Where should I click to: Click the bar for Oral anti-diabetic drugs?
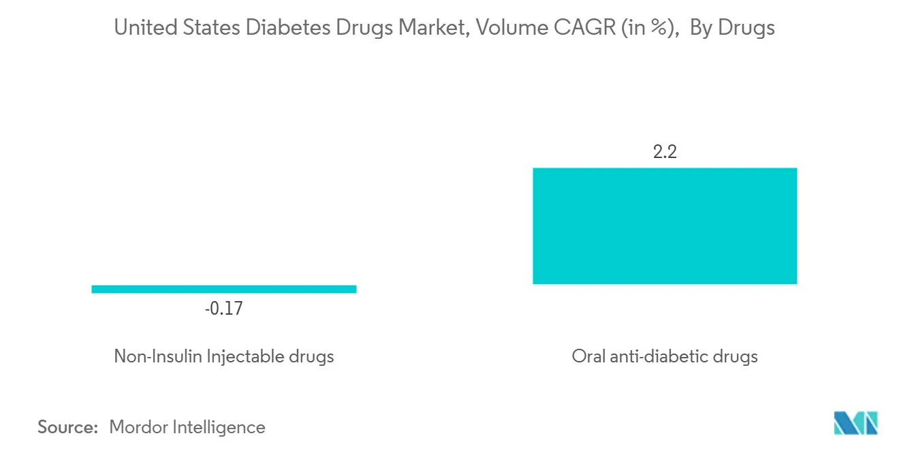(x=665, y=225)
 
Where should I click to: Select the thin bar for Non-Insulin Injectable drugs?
(x=223, y=289)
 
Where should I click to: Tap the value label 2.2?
(x=665, y=152)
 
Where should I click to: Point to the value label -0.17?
(x=223, y=309)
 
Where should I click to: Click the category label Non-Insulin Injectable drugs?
(x=223, y=356)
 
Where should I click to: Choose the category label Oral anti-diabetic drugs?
(x=665, y=356)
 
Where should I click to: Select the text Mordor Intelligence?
(x=187, y=427)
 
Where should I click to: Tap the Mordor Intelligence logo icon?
(x=855, y=423)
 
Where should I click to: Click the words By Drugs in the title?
(x=732, y=28)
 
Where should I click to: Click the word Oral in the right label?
(x=588, y=356)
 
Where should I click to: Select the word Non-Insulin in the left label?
(x=158, y=356)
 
